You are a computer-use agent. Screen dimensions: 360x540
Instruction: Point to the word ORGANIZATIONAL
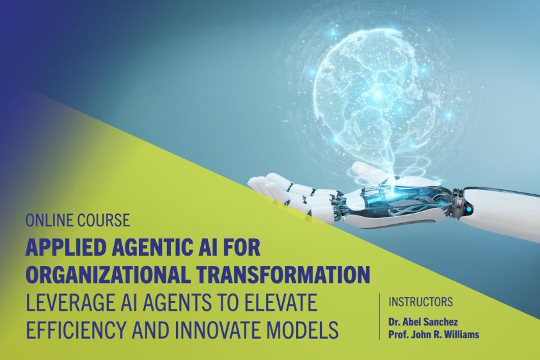[x=106, y=275]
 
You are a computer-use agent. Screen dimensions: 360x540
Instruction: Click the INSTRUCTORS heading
[x=421, y=301]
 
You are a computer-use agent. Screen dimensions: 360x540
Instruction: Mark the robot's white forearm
[x=505, y=211]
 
